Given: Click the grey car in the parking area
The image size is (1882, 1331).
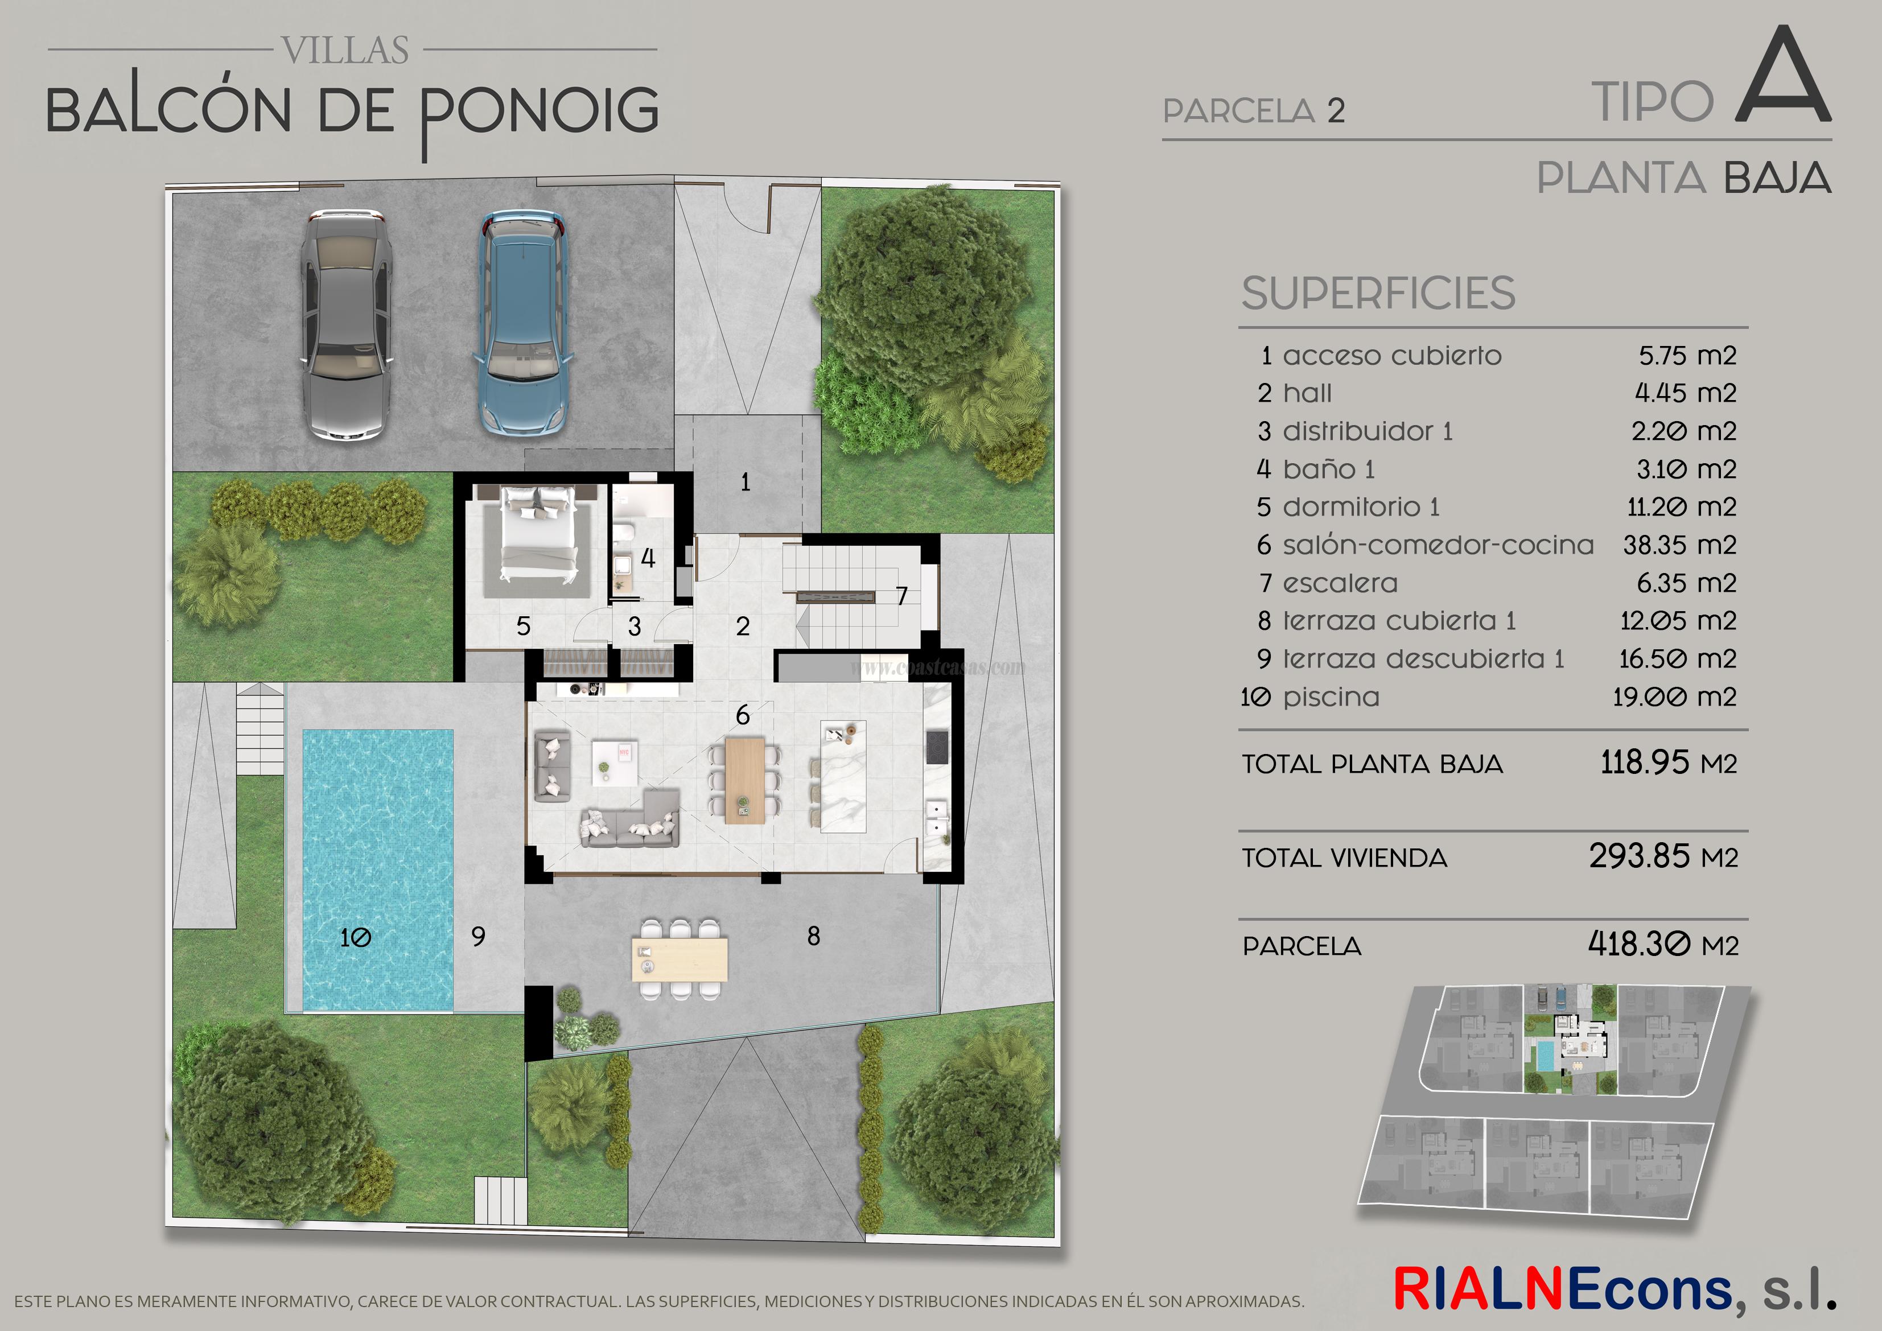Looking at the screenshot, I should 344,325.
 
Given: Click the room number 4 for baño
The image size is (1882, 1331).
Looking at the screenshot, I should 648,559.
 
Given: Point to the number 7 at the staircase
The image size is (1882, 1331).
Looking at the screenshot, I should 901,596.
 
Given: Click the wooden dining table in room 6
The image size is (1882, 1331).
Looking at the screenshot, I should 744,778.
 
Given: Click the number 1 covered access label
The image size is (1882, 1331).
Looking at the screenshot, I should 745,482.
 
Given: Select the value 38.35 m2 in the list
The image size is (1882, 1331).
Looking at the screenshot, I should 1679,545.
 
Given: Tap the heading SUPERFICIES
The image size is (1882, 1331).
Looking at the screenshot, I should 1378,294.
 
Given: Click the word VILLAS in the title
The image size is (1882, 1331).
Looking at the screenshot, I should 345,51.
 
